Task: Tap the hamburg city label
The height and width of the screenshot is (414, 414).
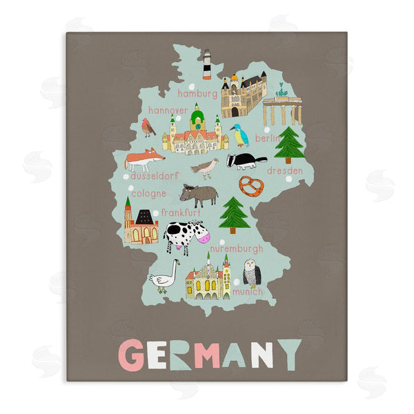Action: (198, 92)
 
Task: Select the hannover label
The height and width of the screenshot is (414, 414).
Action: (168, 110)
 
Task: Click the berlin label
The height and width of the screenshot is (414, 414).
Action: (268, 138)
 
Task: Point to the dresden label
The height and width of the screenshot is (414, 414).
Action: (284, 170)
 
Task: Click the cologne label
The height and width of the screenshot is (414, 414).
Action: (148, 194)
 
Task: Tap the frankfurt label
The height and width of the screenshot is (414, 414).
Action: (181, 213)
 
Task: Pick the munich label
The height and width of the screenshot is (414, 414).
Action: (247, 292)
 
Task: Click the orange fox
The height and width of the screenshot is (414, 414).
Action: (144, 159)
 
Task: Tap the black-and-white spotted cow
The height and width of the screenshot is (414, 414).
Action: (185, 235)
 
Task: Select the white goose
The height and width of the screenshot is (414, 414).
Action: (165, 277)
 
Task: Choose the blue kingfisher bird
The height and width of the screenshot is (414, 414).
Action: (239, 135)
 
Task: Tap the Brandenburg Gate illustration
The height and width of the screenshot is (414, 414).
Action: (282, 108)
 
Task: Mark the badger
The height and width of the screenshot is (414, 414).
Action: (246, 161)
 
